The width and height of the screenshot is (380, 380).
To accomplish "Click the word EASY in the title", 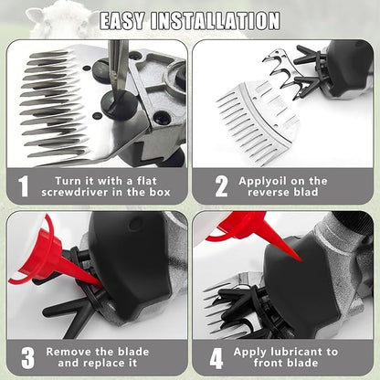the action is click(122, 21).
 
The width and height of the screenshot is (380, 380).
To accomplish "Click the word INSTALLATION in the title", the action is click(216, 21).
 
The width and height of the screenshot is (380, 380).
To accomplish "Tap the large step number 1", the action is click(24, 186).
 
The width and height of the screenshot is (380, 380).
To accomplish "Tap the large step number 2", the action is click(222, 186).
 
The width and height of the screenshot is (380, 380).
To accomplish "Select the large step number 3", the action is click(27, 357).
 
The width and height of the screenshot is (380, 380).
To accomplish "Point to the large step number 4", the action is click(216, 357).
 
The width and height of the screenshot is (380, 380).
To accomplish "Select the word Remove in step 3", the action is click(69, 352).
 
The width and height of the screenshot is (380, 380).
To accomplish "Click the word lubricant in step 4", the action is click(297, 352).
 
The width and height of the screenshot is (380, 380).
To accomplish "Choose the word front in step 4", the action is click(269, 363).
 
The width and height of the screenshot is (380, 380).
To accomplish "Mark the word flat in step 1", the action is click(146, 181).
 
